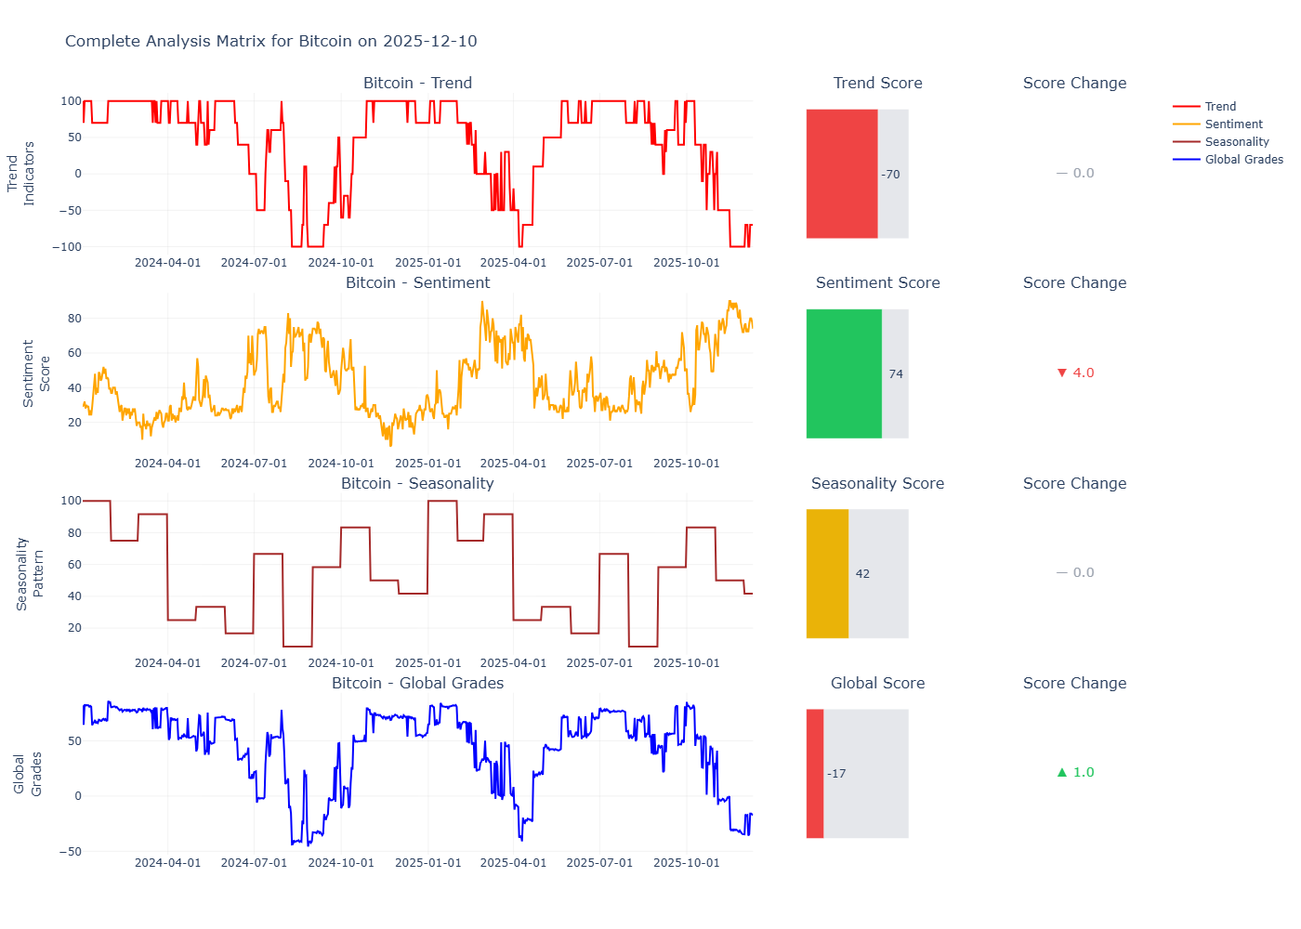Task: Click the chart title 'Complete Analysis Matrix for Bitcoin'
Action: [270, 41]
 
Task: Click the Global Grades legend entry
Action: [1243, 160]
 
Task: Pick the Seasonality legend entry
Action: [1236, 142]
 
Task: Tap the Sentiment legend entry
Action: [1233, 124]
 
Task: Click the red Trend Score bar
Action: [842, 174]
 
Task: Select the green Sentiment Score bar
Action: [844, 373]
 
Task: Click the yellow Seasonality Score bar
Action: [827, 573]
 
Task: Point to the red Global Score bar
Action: [815, 773]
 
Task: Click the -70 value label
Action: [891, 175]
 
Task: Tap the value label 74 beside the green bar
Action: [896, 374]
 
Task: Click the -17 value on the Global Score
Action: [836, 774]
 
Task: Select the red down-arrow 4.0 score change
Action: [1075, 373]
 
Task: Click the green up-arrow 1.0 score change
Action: [1075, 772]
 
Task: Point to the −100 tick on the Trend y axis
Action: [67, 247]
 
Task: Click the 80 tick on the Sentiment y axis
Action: [74, 319]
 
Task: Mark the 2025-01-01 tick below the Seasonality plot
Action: [427, 663]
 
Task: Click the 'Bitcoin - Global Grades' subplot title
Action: [417, 683]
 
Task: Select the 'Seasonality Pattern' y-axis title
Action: [30, 573]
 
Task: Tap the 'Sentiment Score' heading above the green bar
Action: [877, 282]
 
